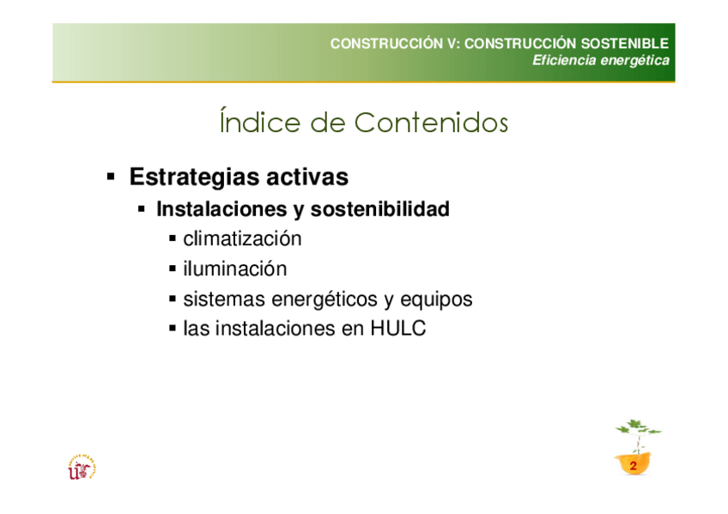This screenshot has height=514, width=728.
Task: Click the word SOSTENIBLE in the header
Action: tap(624, 44)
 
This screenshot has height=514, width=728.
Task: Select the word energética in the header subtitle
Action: tap(634, 61)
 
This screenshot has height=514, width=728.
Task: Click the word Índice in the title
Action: tap(260, 122)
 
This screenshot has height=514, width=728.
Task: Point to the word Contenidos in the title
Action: tap(431, 123)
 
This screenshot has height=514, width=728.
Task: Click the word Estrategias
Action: tap(194, 178)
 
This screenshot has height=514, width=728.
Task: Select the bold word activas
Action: tap(306, 177)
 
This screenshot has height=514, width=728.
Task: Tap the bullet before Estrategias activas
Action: tap(111, 176)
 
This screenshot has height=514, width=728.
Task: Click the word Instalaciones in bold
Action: tap(221, 209)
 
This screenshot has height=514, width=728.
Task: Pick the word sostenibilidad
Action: tap(379, 209)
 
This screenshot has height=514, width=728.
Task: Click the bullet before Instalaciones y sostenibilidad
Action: tap(142, 209)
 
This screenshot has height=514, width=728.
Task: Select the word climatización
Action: tap(242, 239)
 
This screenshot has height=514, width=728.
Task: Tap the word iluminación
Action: tap(235, 269)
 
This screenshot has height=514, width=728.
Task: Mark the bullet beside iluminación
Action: tap(173, 269)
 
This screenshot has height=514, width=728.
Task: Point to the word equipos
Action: tap(436, 300)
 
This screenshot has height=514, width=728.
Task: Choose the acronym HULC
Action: tap(397, 329)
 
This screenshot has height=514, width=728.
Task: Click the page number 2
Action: tap(633, 466)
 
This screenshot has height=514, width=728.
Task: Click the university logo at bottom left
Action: tap(82, 467)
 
